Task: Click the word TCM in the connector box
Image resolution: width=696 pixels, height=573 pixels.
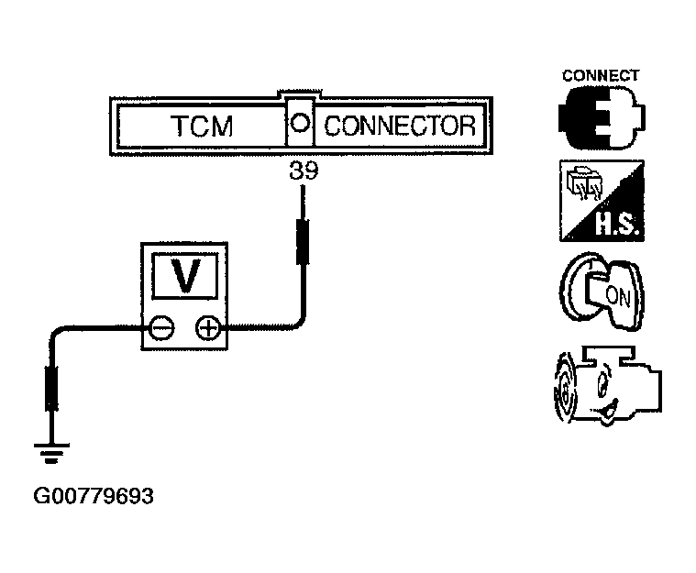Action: (x=202, y=126)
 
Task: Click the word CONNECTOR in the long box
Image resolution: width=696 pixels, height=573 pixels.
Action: (x=400, y=126)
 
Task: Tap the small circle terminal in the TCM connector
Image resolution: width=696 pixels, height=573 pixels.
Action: (x=300, y=122)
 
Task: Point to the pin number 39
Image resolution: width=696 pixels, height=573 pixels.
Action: (x=304, y=171)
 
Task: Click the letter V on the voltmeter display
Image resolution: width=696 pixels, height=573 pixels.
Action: (x=185, y=276)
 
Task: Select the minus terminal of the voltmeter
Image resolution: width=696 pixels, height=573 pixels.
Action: (x=160, y=328)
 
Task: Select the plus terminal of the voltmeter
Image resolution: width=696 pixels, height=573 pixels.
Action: (x=208, y=328)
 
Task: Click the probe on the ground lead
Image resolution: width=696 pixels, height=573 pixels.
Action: (x=51, y=389)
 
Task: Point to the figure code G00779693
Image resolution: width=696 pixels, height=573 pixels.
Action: (x=94, y=496)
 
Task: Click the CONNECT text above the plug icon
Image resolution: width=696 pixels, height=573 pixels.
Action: (x=601, y=76)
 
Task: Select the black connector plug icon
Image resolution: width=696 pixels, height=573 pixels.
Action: (x=602, y=117)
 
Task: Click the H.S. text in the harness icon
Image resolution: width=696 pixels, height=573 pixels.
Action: (x=617, y=224)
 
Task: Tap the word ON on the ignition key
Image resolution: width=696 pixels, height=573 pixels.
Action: (x=617, y=296)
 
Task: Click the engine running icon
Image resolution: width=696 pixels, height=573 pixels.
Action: (x=607, y=385)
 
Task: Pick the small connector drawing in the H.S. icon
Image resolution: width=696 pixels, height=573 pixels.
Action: (x=585, y=182)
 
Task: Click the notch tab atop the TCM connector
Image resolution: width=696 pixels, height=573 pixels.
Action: (x=300, y=94)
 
